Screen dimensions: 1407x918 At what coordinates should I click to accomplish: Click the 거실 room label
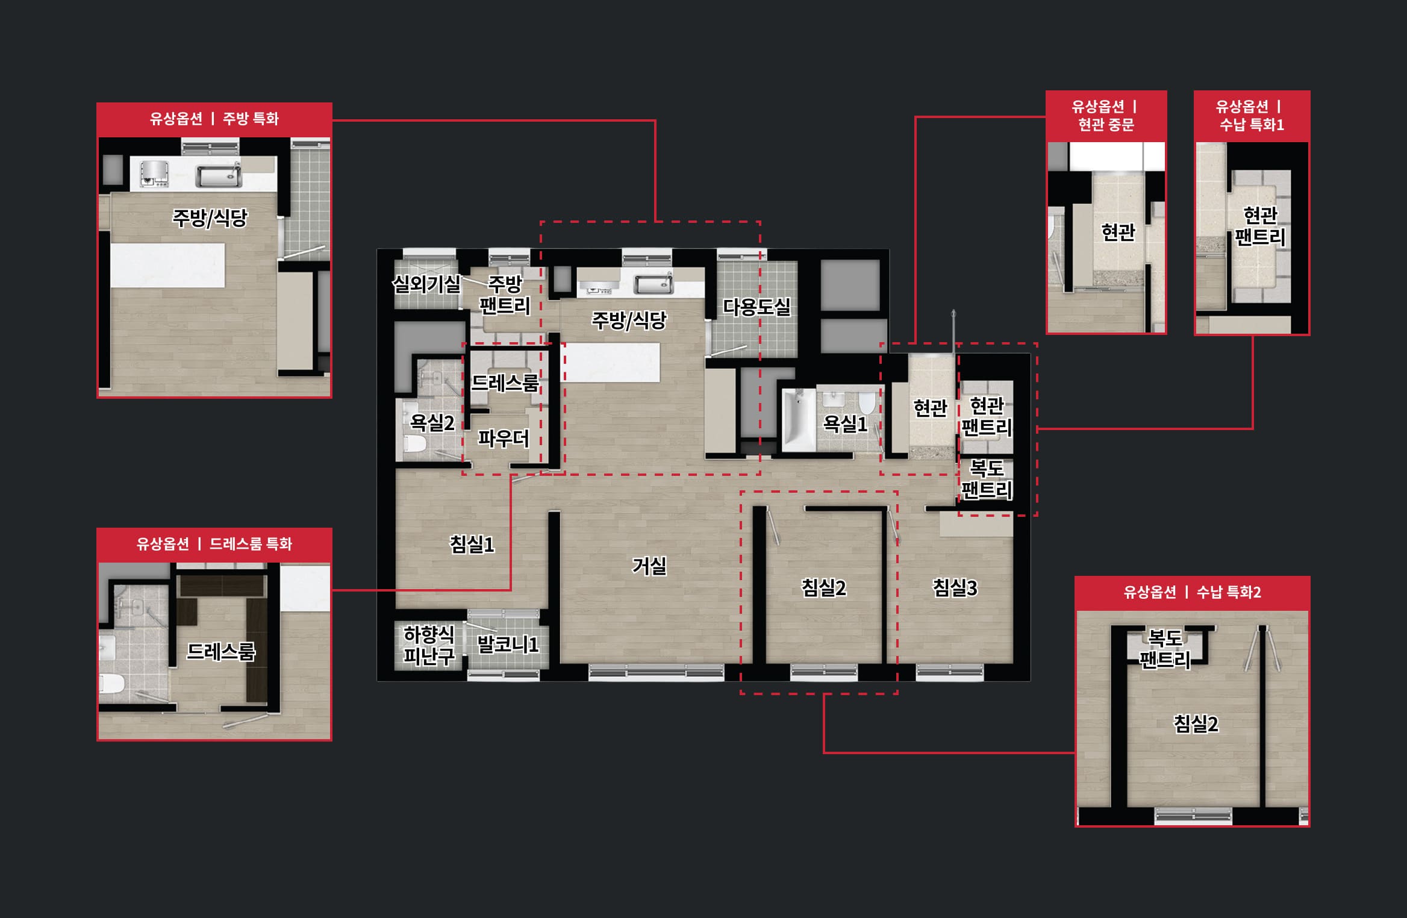point(649,566)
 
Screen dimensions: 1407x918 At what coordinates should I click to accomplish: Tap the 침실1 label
point(472,545)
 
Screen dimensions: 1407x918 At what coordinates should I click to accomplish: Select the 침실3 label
point(955,587)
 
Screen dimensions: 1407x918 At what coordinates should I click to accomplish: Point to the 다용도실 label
point(757,307)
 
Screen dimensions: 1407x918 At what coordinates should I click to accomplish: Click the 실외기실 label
point(426,284)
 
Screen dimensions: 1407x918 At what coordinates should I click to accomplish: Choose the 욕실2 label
point(432,422)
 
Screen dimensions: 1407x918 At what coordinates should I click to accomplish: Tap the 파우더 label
point(504,438)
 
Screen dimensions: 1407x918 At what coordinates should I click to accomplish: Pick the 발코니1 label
point(507,645)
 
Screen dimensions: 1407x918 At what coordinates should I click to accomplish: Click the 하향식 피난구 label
point(429,645)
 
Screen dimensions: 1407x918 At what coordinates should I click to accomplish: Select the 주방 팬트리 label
point(505,295)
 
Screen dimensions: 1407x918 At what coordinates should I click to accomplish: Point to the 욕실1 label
point(845,424)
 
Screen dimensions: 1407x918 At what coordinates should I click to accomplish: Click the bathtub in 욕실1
point(799,420)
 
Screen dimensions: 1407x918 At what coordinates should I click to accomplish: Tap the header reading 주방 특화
point(251,118)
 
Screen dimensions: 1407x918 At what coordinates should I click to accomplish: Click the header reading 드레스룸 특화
point(251,544)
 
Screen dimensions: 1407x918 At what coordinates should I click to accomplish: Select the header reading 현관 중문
point(1106,125)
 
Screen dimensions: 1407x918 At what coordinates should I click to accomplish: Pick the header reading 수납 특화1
point(1252,125)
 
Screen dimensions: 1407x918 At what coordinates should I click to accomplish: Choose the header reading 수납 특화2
point(1229,592)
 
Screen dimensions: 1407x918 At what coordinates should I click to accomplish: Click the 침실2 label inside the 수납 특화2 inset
point(1196,723)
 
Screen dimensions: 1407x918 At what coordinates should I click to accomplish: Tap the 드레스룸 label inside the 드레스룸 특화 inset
point(221,651)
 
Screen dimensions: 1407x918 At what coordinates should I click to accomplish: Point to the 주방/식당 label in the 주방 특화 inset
point(210,217)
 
